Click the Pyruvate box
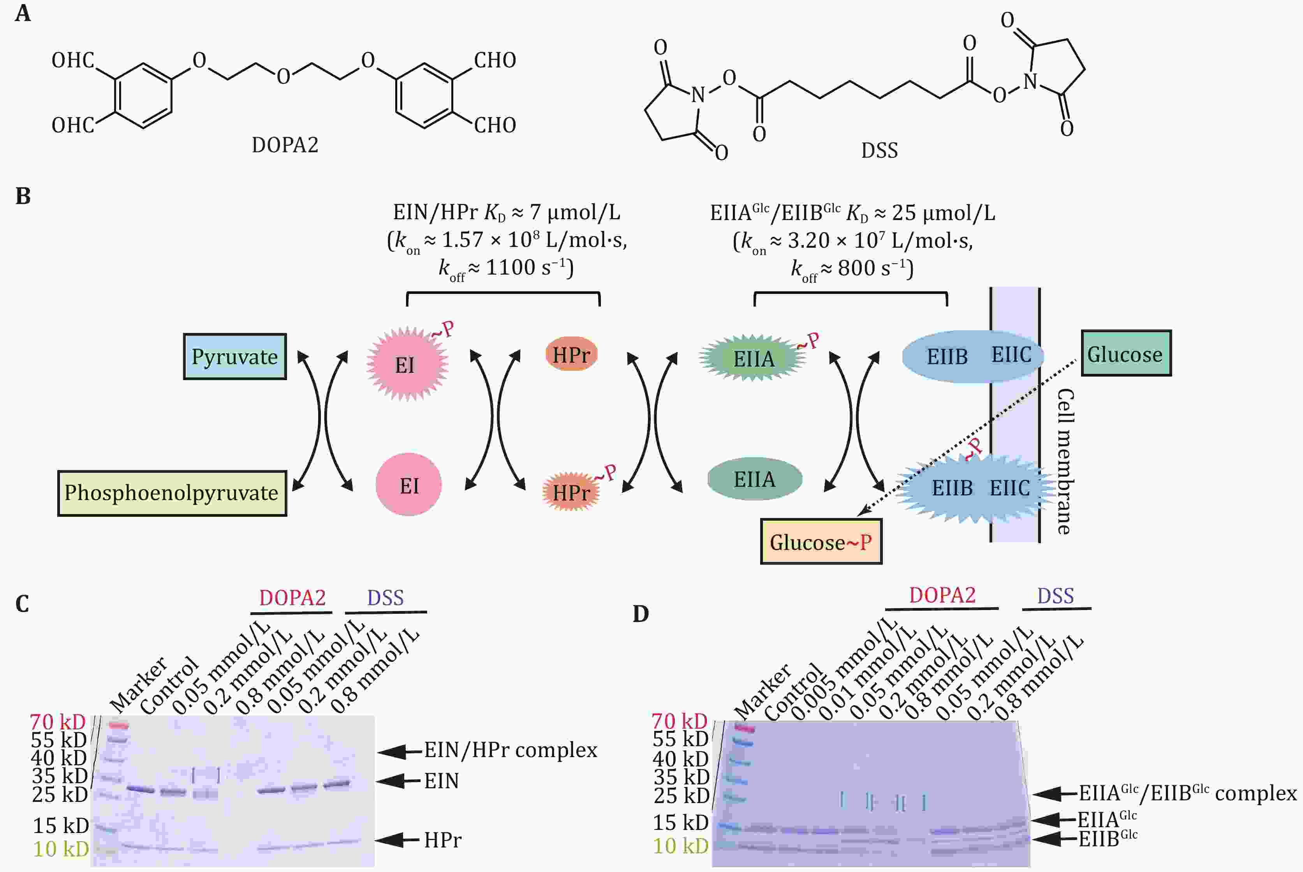tap(235, 356)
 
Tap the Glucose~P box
tap(821, 542)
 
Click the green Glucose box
tap(1125, 353)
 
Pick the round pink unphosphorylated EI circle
tap(409, 484)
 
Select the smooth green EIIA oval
tap(755, 479)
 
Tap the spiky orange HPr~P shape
tap(571, 491)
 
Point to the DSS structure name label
tap(879, 151)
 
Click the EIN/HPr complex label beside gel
tap(511, 750)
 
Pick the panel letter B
tap(23, 196)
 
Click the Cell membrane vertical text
tap(1065, 461)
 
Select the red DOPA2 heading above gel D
tap(942, 595)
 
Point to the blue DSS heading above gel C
tap(386, 598)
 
